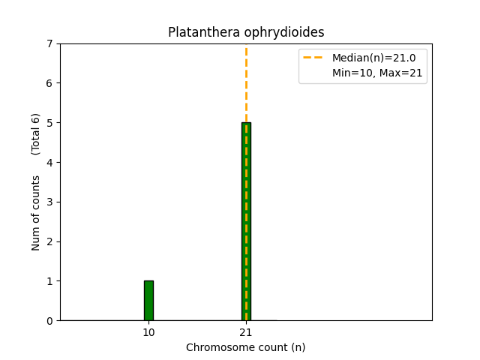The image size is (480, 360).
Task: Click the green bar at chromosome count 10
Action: pyautogui.click(x=148, y=301)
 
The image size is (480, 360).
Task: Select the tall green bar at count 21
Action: pyautogui.click(x=243, y=225)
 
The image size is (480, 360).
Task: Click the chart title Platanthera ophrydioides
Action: pyautogui.click(x=246, y=32)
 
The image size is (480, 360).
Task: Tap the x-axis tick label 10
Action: pyautogui.click(x=148, y=332)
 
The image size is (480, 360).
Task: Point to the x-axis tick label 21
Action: pyautogui.click(x=246, y=332)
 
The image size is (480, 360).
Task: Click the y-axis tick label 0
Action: pyautogui.click(x=50, y=321)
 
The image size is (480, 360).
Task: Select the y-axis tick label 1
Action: pyautogui.click(x=50, y=281)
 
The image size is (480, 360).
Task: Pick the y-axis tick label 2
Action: pyautogui.click(x=50, y=241)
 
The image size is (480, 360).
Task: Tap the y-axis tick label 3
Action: pyautogui.click(x=50, y=202)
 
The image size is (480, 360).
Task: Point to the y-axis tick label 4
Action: pyautogui.click(x=50, y=163)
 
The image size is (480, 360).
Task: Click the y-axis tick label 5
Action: pyautogui.click(x=50, y=123)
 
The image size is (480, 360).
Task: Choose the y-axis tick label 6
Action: pyautogui.click(x=50, y=83)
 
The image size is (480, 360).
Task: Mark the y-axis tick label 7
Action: pyautogui.click(x=50, y=43)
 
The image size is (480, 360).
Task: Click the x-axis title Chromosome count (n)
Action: pyautogui.click(x=246, y=347)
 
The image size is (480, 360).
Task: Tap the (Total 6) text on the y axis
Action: pyautogui.click(x=36, y=133)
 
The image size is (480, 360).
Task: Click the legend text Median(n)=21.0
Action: pyautogui.click(x=368, y=58)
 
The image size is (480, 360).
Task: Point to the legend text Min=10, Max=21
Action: pyautogui.click(x=377, y=73)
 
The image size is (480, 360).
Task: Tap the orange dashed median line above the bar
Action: pyautogui.click(x=246, y=82)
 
